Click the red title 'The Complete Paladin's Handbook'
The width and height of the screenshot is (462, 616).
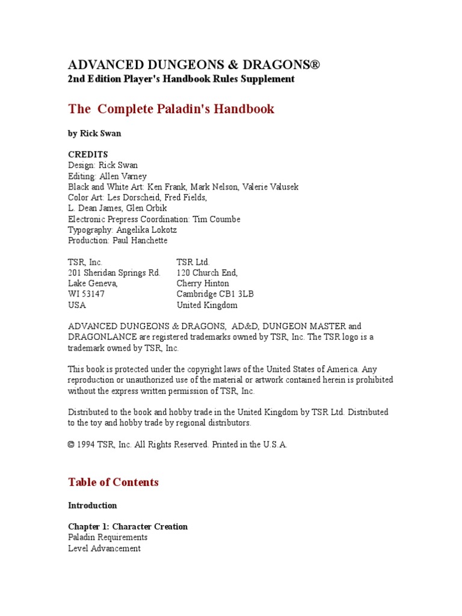coord(171,109)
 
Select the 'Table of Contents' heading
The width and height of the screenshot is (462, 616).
coord(113,482)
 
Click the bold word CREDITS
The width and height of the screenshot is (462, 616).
coord(88,155)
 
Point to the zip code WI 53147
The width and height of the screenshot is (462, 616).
coord(86,294)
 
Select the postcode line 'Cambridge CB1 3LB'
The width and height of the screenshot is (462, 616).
coord(215,294)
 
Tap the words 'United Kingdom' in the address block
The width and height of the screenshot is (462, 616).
coord(207,305)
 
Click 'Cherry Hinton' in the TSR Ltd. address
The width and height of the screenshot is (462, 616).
coord(203,283)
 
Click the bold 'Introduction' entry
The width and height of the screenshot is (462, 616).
coord(93,505)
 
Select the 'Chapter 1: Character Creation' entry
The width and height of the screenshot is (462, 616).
coord(128,526)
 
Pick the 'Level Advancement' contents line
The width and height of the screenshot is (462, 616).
coord(104,548)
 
